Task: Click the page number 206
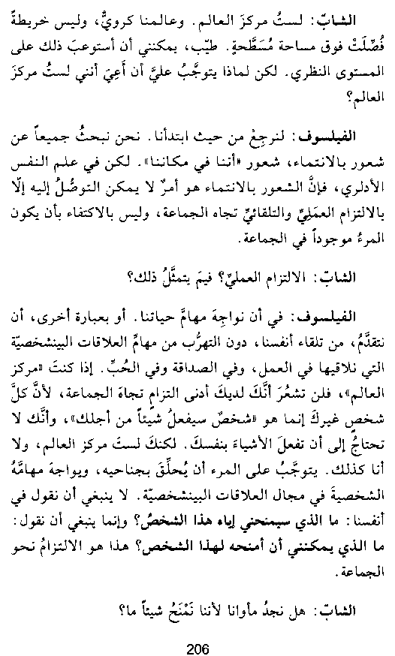coord(197,629)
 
